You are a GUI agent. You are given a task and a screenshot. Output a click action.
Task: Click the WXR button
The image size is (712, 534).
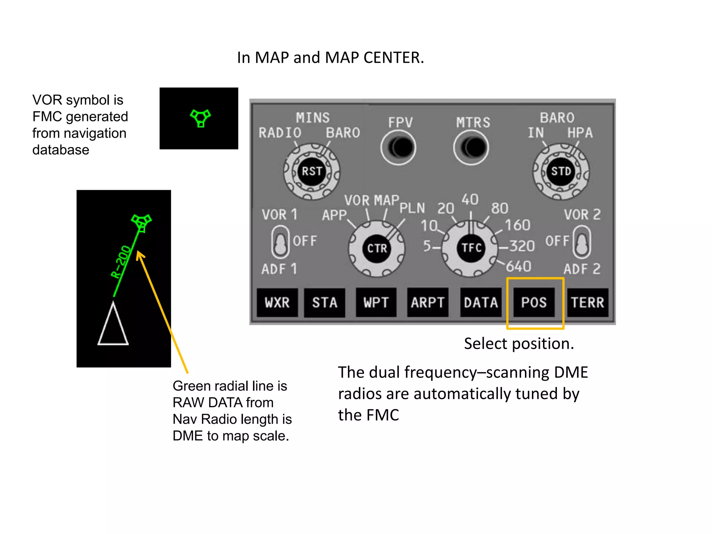pyautogui.click(x=277, y=302)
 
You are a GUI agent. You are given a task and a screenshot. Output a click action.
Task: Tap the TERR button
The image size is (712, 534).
pyautogui.click(x=588, y=302)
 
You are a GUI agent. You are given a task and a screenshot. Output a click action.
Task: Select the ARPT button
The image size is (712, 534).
pyautogui.click(x=428, y=302)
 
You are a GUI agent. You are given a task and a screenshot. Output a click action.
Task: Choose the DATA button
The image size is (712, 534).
pyautogui.click(x=481, y=302)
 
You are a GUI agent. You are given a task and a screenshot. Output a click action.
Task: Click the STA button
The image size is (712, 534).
pyautogui.click(x=324, y=302)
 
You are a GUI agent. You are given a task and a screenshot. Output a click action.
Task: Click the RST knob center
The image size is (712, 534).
pyautogui.click(x=311, y=171)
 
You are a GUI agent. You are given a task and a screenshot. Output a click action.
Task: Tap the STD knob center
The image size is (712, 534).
pyautogui.click(x=561, y=171)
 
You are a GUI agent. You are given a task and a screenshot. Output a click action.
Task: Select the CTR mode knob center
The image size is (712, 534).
pyautogui.click(x=377, y=248)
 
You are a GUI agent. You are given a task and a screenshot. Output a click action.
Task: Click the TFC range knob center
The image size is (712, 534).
pyautogui.click(x=471, y=248)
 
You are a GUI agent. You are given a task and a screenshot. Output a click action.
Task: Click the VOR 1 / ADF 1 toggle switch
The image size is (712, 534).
pyautogui.click(x=280, y=242)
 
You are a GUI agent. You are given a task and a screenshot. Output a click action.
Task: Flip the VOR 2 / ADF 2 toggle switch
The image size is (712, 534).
pyautogui.click(x=582, y=242)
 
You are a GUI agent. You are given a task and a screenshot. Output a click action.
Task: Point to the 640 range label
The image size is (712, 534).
pyautogui.click(x=518, y=267)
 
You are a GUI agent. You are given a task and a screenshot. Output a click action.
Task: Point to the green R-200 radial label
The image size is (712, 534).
pyautogui.click(x=121, y=262)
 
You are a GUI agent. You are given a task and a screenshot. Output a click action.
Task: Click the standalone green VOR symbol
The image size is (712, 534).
pyautogui.click(x=200, y=118)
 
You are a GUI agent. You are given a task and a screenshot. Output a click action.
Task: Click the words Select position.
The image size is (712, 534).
pyautogui.click(x=519, y=343)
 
